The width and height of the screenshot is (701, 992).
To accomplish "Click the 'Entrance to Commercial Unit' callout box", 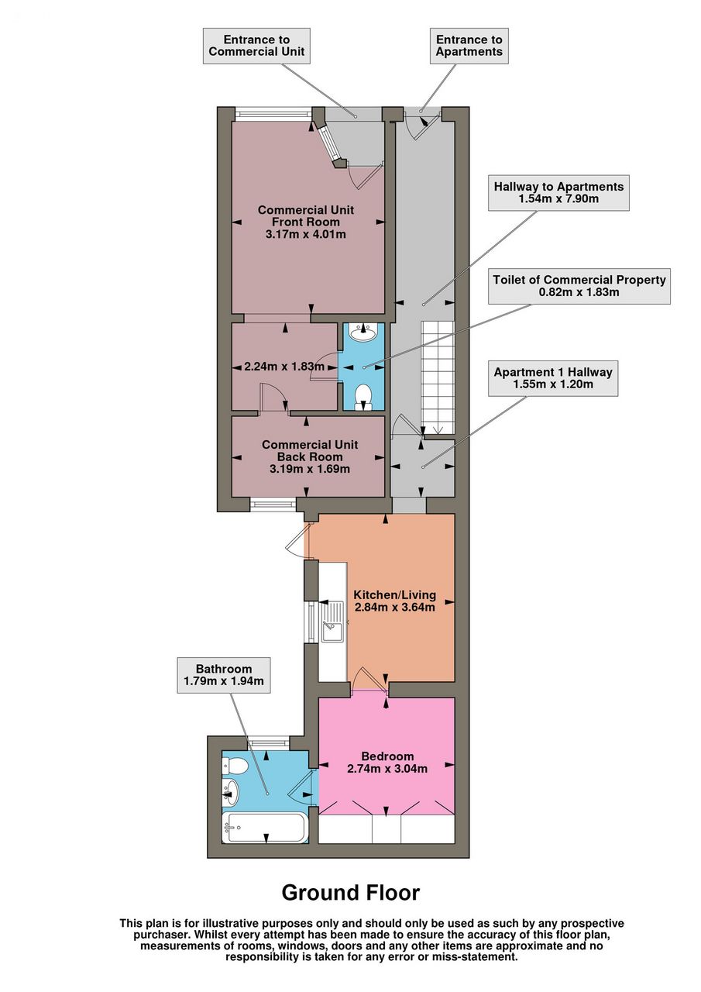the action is point(256,46).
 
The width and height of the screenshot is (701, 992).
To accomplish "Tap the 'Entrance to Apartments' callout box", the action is point(469,46).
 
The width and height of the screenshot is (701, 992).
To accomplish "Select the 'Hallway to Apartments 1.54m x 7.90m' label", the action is point(558,193).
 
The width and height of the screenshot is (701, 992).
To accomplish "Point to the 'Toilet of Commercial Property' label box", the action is point(579,286).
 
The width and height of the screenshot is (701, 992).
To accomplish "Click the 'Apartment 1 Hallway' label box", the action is point(553,378).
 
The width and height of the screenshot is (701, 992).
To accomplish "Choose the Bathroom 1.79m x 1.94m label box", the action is point(224,675).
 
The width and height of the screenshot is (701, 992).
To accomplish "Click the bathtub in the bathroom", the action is point(264,828).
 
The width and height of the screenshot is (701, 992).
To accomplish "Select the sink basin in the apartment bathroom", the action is point(231,792).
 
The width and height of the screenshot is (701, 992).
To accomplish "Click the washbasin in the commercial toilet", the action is point(363,332).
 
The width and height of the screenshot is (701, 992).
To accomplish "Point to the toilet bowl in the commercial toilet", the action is point(363,396).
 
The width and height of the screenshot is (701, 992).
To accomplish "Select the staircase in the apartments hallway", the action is point(438,377).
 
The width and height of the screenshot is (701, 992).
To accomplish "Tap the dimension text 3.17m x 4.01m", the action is point(306,234).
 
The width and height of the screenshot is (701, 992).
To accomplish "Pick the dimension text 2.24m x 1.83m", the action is point(284,367).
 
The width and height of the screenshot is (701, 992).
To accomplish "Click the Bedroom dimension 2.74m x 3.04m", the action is point(387,769).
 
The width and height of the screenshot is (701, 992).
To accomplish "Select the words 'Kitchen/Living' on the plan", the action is point(395,594).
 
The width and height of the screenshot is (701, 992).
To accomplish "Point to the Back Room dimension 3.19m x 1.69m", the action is point(309,469).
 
